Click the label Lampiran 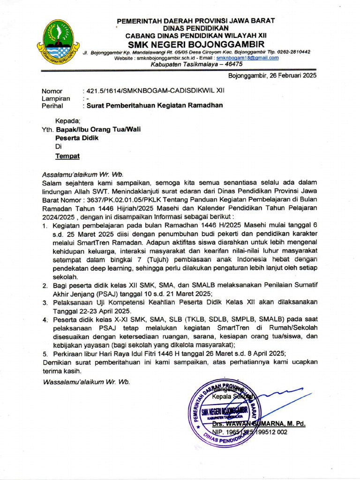(x=56, y=98)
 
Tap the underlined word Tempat (x=67, y=156)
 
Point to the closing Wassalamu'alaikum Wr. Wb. (x=86, y=382)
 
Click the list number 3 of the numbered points (x=45, y=303)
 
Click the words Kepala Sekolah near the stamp (x=232, y=397)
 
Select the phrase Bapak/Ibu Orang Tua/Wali (x=98, y=129)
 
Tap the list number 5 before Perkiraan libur (x=45, y=353)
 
